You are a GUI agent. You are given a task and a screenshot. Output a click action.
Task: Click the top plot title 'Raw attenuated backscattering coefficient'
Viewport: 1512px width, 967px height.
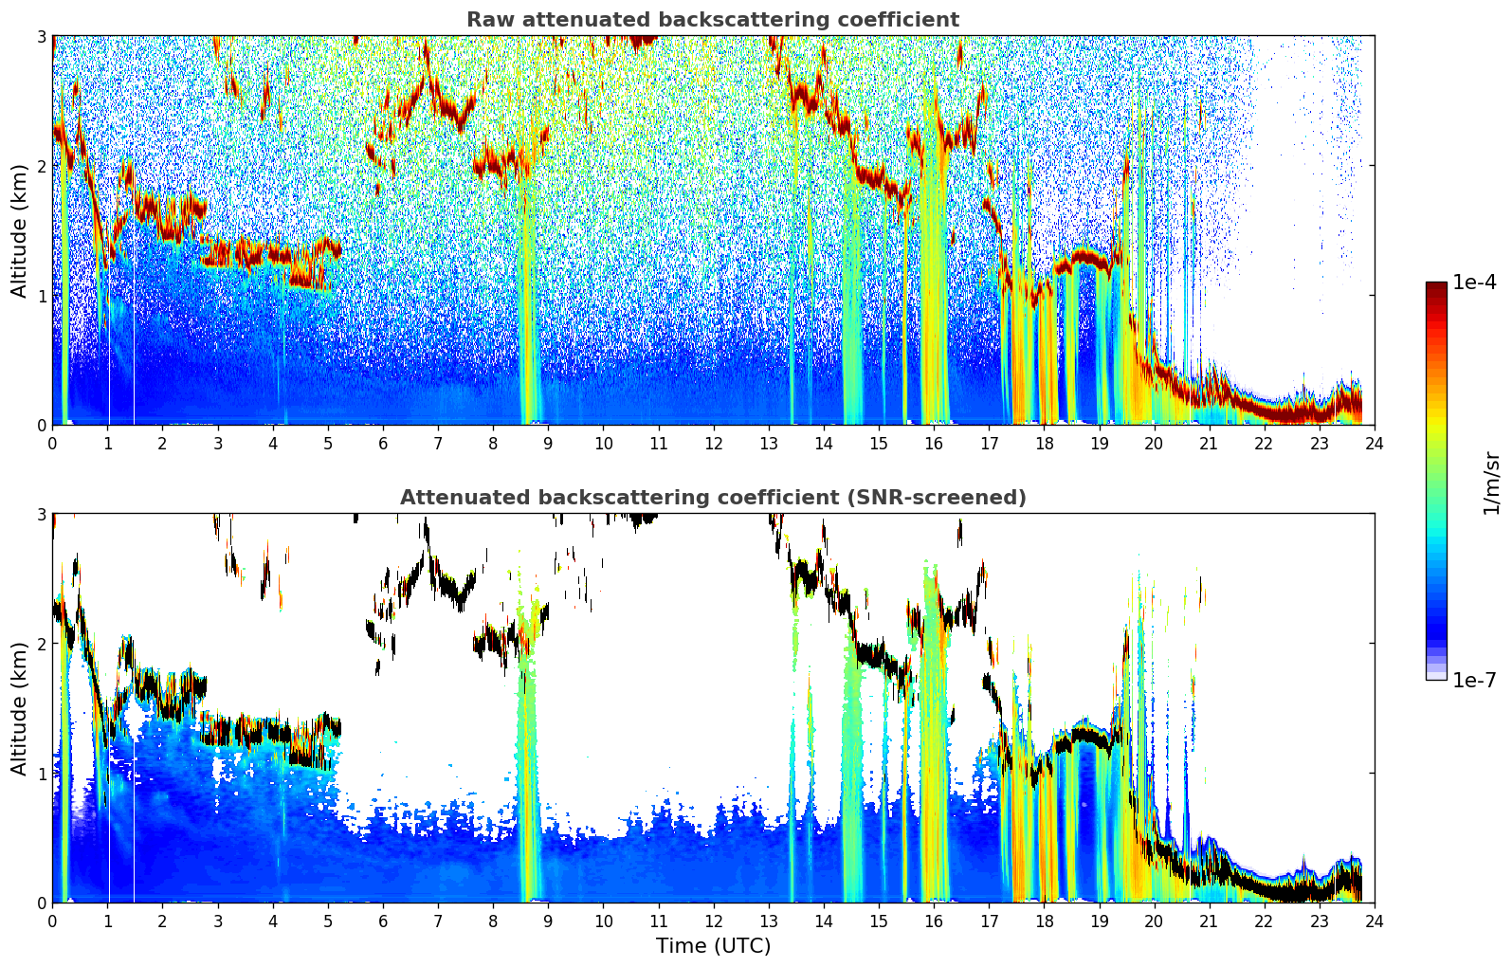pos(713,20)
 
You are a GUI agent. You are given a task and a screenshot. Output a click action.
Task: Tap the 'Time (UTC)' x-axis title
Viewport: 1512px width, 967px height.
pos(713,945)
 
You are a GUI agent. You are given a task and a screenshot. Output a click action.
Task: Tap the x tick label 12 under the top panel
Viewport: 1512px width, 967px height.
pos(714,445)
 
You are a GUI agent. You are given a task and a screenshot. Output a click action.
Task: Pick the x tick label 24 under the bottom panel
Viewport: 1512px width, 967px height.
pos(1375,921)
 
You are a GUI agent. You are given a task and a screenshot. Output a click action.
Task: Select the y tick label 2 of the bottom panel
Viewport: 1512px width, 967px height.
pos(41,645)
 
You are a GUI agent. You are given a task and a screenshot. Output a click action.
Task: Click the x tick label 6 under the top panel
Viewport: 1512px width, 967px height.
pos(383,445)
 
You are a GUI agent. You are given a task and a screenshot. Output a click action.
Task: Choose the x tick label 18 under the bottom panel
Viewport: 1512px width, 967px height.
pos(1045,921)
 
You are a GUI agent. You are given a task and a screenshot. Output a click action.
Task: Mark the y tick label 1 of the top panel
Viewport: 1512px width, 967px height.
pos(41,296)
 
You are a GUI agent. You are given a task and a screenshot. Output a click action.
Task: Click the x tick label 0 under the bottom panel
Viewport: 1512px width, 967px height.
pos(53,921)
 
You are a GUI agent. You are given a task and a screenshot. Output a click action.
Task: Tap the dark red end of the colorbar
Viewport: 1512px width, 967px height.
pos(1436,286)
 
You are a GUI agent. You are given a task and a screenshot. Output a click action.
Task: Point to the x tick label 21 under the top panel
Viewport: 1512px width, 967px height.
pos(1209,445)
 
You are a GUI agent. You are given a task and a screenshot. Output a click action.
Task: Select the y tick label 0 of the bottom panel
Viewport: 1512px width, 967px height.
pos(41,903)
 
